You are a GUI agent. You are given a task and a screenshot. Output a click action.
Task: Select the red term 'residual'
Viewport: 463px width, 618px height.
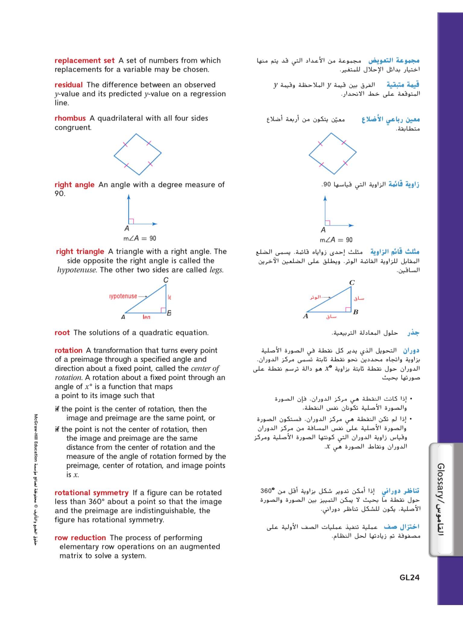click(69, 85)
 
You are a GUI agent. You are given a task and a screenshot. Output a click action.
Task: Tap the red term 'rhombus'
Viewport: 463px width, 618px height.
click(70, 118)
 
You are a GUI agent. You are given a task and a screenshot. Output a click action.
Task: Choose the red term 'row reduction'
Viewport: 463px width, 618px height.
click(80, 538)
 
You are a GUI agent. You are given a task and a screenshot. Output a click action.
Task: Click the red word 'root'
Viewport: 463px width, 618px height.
click(62, 333)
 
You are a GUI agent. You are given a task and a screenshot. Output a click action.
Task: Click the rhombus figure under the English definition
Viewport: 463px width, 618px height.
click(138, 154)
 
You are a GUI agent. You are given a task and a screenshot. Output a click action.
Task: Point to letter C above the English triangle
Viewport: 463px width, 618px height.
click(166, 280)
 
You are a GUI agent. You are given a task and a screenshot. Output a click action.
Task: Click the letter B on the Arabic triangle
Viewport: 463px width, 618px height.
click(355, 312)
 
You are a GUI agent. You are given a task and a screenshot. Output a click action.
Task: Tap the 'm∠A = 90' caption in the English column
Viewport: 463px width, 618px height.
click(140, 238)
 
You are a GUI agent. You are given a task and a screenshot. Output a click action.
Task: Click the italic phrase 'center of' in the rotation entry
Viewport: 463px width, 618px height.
click(205, 368)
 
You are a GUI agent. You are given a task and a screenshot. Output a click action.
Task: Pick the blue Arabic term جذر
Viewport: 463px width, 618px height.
click(413, 333)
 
